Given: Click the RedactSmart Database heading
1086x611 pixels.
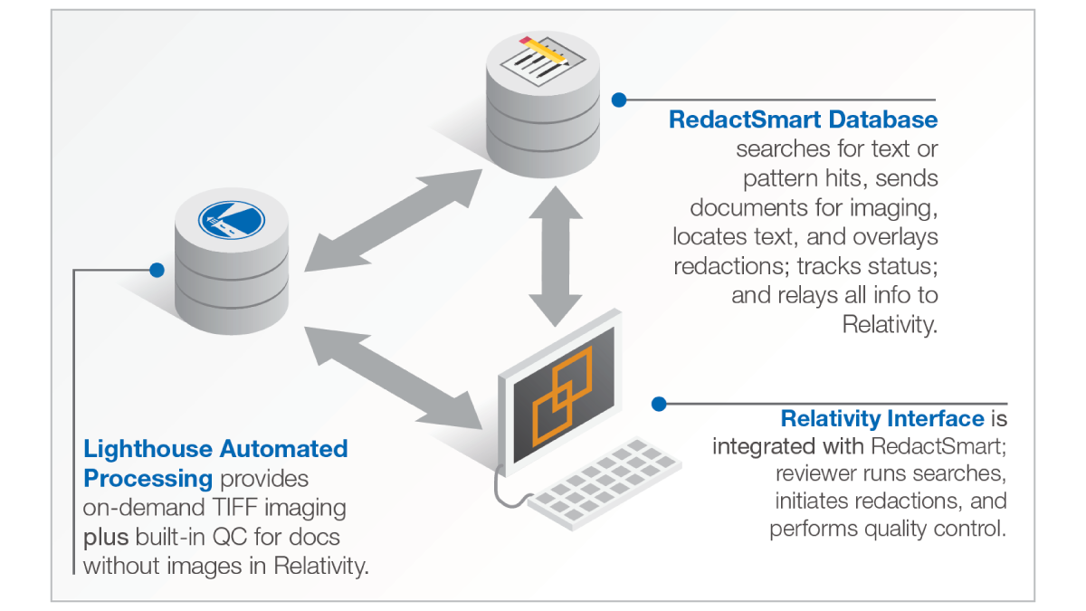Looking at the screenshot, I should pyautogui.click(x=803, y=119).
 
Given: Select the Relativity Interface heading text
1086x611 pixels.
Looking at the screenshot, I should pyautogui.click(x=881, y=419).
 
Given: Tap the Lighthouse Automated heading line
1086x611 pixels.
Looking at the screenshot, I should pyautogui.click(x=215, y=449).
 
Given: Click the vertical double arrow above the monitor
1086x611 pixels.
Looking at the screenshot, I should pyautogui.click(x=555, y=253).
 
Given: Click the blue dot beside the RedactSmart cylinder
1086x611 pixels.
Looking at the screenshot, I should pyautogui.click(x=619, y=100).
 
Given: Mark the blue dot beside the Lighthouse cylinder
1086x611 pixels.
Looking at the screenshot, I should pyautogui.click(x=157, y=269).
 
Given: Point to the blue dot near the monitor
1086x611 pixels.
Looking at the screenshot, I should pyautogui.click(x=659, y=404).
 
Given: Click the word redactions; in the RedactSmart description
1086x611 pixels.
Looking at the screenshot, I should pyautogui.click(x=731, y=265).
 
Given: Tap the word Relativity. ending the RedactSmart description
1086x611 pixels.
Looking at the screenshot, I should pyautogui.click(x=890, y=323).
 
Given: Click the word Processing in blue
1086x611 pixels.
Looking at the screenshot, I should pyautogui.click(x=147, y=478).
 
